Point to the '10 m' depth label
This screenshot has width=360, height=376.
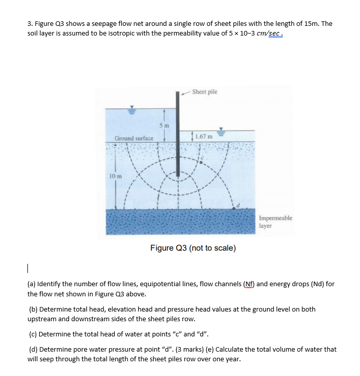[114, 176]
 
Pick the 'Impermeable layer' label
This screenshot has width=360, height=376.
[275, 222]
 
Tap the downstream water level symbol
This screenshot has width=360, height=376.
[221, 131]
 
